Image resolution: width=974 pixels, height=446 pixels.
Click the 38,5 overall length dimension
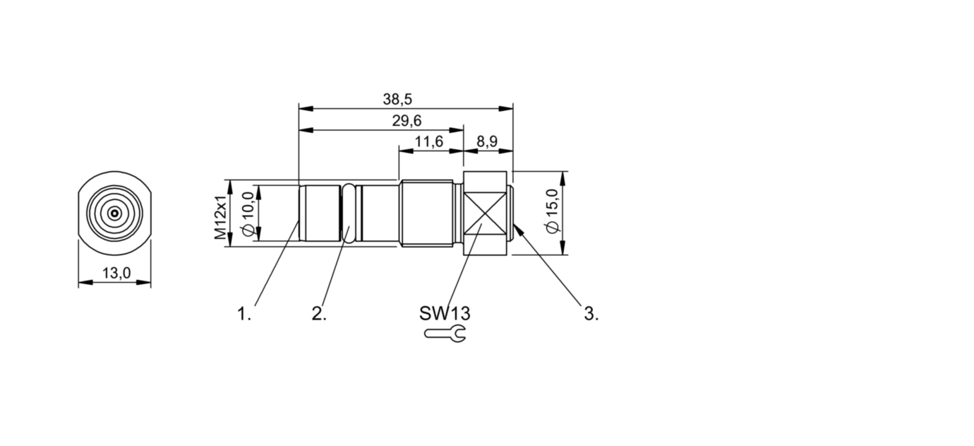[x=397, y=99]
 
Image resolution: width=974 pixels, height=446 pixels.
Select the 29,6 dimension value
[x=407, y=121]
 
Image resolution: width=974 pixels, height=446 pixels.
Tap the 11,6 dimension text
[x=428, y=141]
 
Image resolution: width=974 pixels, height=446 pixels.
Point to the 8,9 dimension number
[x=487, y=141]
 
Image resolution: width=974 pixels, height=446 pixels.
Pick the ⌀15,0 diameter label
[x=552, y=211]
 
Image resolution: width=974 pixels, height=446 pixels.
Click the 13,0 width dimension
[x=116, y=273]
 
